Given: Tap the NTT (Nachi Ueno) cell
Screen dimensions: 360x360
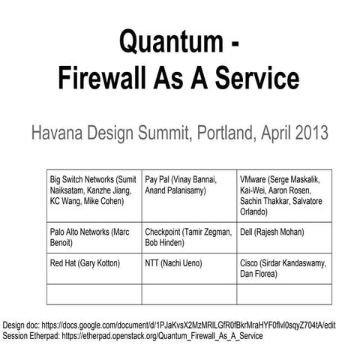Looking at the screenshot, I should click(x=188, y=269).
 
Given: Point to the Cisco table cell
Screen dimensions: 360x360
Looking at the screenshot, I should click(x=283, y=269).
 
